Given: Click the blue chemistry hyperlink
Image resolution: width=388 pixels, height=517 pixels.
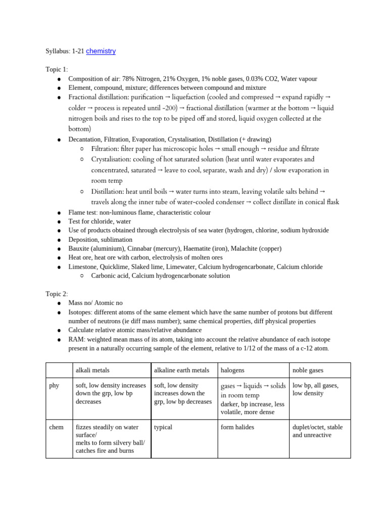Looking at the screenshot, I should (101, 51).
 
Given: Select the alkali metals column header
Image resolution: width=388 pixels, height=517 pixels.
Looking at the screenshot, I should (92, 370).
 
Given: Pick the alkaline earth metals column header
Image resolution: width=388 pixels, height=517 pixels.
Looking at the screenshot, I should (181, 370).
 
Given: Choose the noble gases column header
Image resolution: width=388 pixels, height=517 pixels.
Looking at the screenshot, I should (308, 370).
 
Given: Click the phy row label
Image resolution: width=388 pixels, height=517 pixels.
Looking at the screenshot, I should (54, 385).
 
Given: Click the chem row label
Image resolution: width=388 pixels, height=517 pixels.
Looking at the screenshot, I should (56, 427).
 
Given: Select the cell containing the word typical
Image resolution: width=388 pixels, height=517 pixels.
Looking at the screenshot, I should (163, 427).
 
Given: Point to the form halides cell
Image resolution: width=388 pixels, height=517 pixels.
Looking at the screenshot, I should (237, 427).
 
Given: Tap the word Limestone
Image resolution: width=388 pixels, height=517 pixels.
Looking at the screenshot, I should (82, 267).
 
